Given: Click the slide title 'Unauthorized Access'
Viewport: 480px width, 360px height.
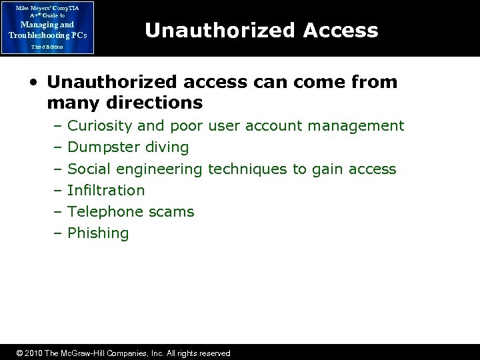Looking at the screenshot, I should coord(261,30).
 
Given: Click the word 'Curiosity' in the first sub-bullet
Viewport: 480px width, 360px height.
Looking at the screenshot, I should coord(99,125).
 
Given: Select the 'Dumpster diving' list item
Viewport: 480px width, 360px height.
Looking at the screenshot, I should coord(129,147).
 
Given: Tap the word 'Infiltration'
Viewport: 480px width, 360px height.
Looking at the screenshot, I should coord(106,190).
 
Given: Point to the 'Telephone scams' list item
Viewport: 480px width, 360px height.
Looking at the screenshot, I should coord(131,212).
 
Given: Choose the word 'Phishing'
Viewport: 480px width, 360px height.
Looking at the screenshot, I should coord(98,233).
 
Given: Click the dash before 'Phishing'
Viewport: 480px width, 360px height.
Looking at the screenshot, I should coord(58,233).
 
